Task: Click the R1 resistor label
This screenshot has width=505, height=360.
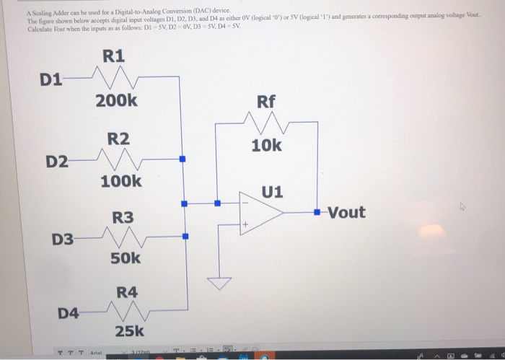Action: point(113,55)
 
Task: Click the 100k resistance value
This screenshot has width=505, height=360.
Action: point(120,181)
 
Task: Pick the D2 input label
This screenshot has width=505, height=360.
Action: point(58,161)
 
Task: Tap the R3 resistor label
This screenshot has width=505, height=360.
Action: point(122,216)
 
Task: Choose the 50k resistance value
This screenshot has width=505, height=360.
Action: point(126,258)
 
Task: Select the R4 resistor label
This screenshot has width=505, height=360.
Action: point(127,292)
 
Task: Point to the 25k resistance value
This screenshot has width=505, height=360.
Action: point(129,332)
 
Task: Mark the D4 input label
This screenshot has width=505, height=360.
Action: point(69,313)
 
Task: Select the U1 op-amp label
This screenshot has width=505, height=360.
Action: point(273,192)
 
